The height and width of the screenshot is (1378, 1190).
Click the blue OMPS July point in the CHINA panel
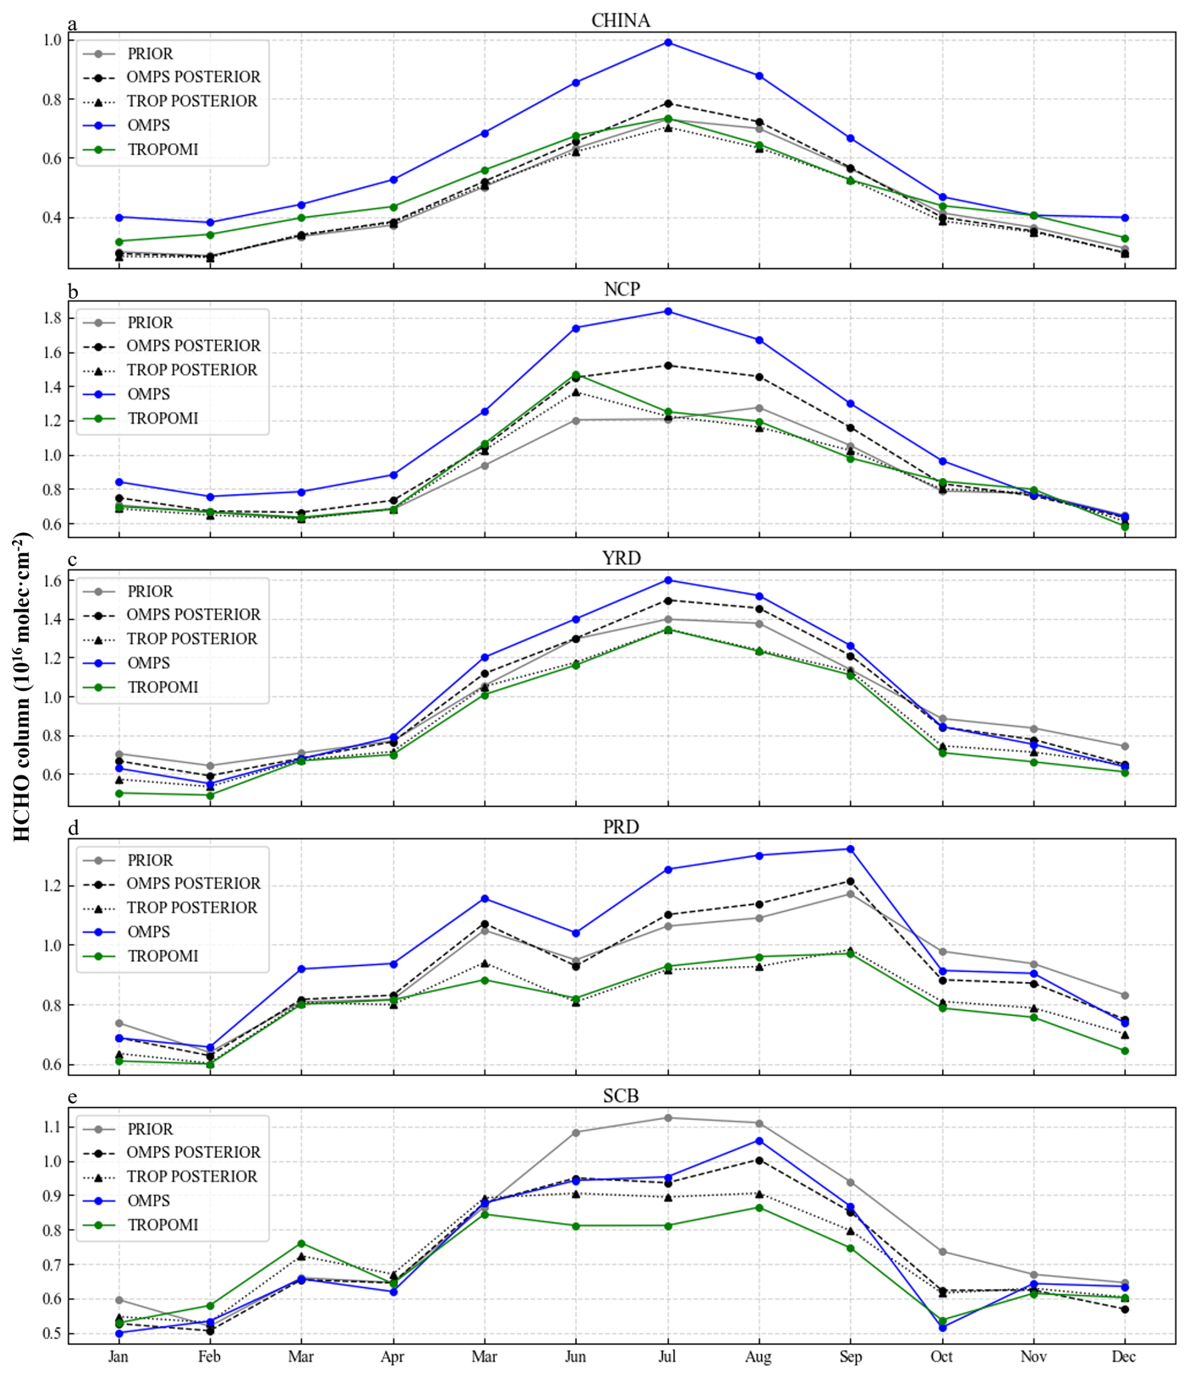tap(667, 43)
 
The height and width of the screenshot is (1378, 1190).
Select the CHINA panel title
tap(620, 21)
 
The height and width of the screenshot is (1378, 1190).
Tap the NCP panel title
tap(621, 289)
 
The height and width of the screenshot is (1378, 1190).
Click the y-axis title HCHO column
tap(23, 687)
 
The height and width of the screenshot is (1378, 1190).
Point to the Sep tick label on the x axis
tap(850, 1357)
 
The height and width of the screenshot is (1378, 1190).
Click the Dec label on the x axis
tap(1124, 1357)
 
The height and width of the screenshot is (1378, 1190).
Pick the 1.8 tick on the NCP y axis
tap(51, 319)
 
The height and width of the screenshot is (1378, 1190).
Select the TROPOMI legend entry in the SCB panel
tap(162, 1225)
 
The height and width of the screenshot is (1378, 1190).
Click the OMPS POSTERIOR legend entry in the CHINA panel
tap(193, 77)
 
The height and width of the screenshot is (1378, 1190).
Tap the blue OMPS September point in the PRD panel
tap(850, 848)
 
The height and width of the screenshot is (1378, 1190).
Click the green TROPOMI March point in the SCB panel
tap(301, 1243)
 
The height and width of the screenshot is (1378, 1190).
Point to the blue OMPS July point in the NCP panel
tap(667, 311)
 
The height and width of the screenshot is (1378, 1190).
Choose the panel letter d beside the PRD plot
tap(73, 828)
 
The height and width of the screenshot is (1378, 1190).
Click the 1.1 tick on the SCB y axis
tap(51, 1126)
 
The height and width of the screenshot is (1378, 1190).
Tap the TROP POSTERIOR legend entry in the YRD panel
tap(192, 639)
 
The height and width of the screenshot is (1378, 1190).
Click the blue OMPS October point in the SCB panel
tap(942, 1328)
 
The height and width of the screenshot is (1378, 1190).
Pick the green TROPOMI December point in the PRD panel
tap(1124, 1051)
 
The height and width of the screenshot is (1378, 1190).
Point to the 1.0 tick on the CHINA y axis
tap(51, 40)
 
